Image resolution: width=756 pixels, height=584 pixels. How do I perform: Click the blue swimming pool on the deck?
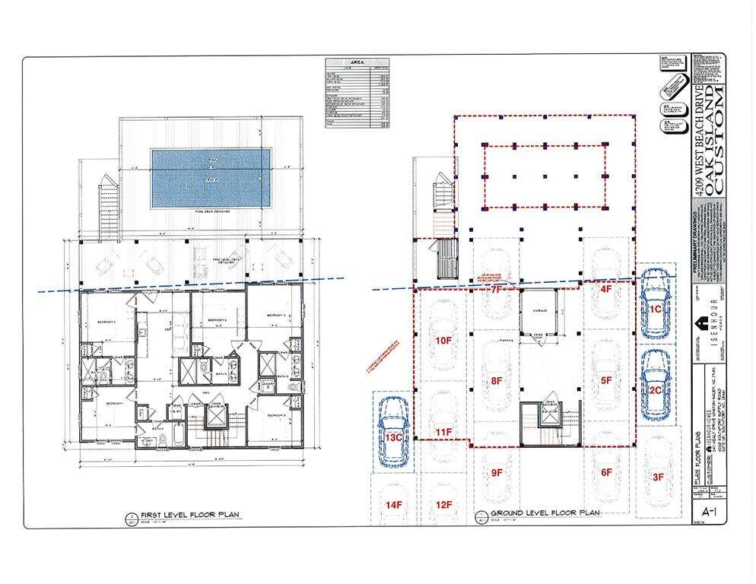click(211, 178)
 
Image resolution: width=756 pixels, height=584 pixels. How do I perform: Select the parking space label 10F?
click(443, 341)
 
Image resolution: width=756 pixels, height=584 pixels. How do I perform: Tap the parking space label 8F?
click(498, 380)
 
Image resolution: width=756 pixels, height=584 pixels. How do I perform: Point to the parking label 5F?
click(607, 380)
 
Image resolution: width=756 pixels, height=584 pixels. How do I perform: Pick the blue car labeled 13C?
click(393, 430)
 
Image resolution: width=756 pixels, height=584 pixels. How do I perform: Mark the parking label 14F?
click(393, 504)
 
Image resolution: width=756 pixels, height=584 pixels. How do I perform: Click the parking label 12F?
click(444, 504)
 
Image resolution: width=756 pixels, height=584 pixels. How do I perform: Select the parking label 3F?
click(659, 477)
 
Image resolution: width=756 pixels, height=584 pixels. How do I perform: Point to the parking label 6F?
click(607, 472)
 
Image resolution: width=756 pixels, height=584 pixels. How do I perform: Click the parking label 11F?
click(444, 432)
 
